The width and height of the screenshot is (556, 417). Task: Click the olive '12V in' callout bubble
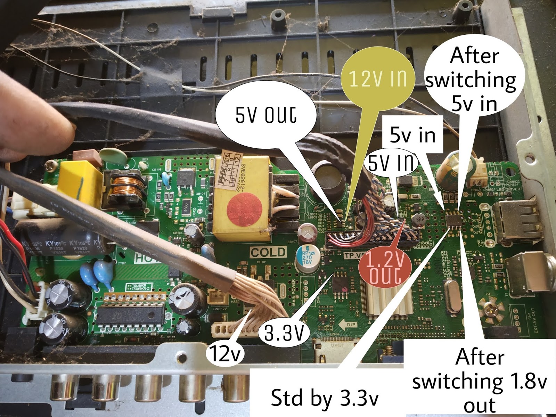coord(378,79)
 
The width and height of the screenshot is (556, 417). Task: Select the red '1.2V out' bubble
coord(385,266)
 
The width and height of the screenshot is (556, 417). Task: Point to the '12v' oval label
coord(225,354)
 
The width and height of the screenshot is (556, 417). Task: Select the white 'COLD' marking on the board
coord(268,252)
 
